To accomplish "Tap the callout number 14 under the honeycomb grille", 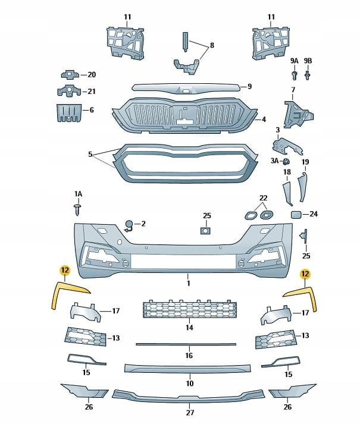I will (x=189, y=327).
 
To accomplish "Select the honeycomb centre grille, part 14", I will (x=189, y=309).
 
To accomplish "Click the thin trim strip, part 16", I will (x=186, y=344).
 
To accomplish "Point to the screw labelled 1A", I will (x=77, y=209).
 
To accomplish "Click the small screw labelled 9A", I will (x=295, y=75).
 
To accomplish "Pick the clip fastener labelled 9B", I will (x=308, y=76).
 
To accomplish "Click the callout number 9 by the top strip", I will (x=250, y=86).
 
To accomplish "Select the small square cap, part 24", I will (x=296, y=214).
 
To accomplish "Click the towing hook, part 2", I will (x=128, y=225).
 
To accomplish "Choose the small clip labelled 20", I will (x=70, y=75).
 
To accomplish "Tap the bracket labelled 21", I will (x=68, y=92).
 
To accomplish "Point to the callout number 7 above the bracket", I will (x=292, y=90).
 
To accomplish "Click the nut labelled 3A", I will (x=286, y=162).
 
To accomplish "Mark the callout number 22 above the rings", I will (x=264, y=197).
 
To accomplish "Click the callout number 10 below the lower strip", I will (x=189, y=384).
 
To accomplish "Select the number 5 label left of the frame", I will (x=90, y=154).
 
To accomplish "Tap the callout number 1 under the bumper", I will (x=188, y=276).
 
